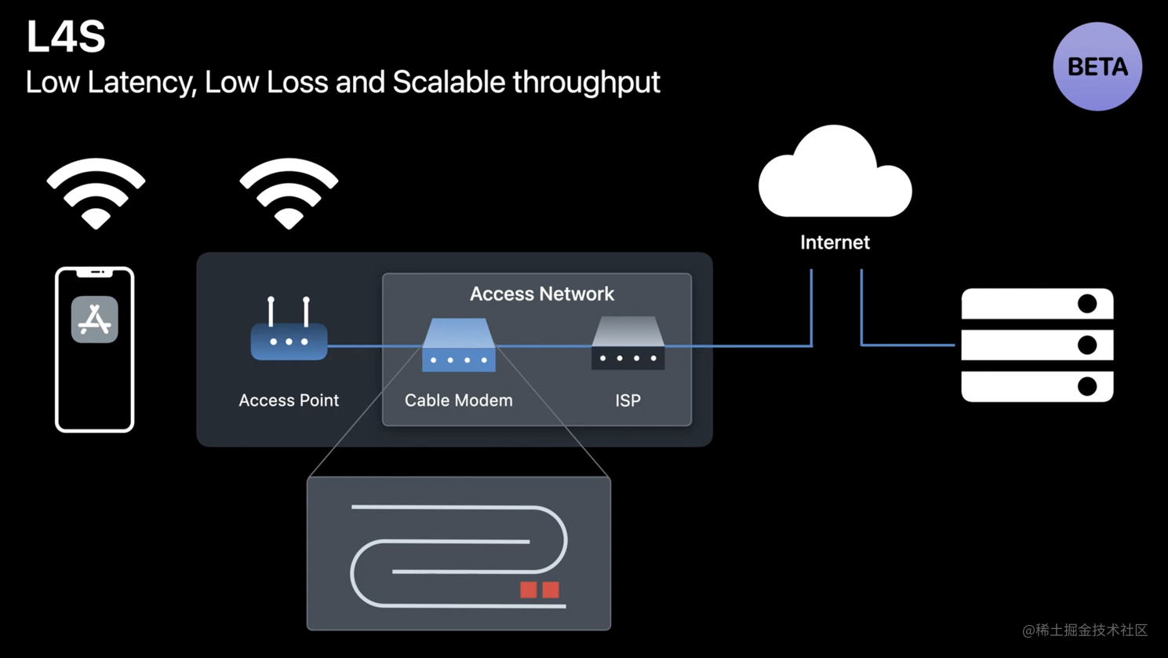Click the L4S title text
(x=66, y=37)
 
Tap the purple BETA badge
(x=1097, y=67)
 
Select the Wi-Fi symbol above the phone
(x=96, y=192)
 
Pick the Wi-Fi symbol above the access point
(x=289, y=192)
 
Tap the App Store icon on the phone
(x=95, y=320)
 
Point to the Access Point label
(x=289, y=400)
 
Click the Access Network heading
(x=541, y=294)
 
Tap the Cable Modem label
(x=458, y=400)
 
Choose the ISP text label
(x=628, y=400)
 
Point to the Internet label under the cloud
(x=835, y=243)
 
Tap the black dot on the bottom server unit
(x=1087, y=386)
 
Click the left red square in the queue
(x=529, y=590)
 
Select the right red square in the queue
(x=551, y=590)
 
